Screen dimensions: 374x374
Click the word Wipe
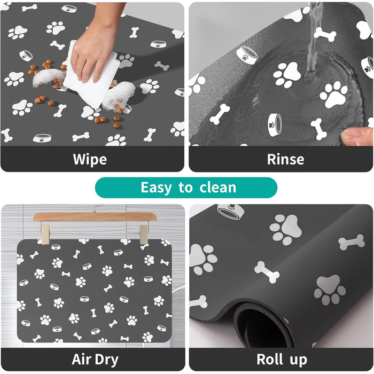(x=90, y=159)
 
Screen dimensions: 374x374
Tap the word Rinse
(x=285, y=159)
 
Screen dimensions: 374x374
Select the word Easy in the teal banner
(x=156, y=188)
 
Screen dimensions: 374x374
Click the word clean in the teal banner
(x=218, y=188)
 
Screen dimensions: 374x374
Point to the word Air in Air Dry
(x=82, y=359)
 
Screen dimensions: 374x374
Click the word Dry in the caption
(x=107, y=360)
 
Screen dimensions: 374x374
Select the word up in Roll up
(x=299, y=361)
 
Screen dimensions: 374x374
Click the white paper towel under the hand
(x=91, y=79)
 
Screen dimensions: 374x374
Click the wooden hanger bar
(x=95, y=216)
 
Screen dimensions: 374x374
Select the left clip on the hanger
(x=44, y=234)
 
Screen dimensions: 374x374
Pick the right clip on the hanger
(x=144, y=234)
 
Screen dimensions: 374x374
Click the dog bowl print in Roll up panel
(x=231, y=212)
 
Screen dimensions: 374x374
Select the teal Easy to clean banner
(x=186, y=188)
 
